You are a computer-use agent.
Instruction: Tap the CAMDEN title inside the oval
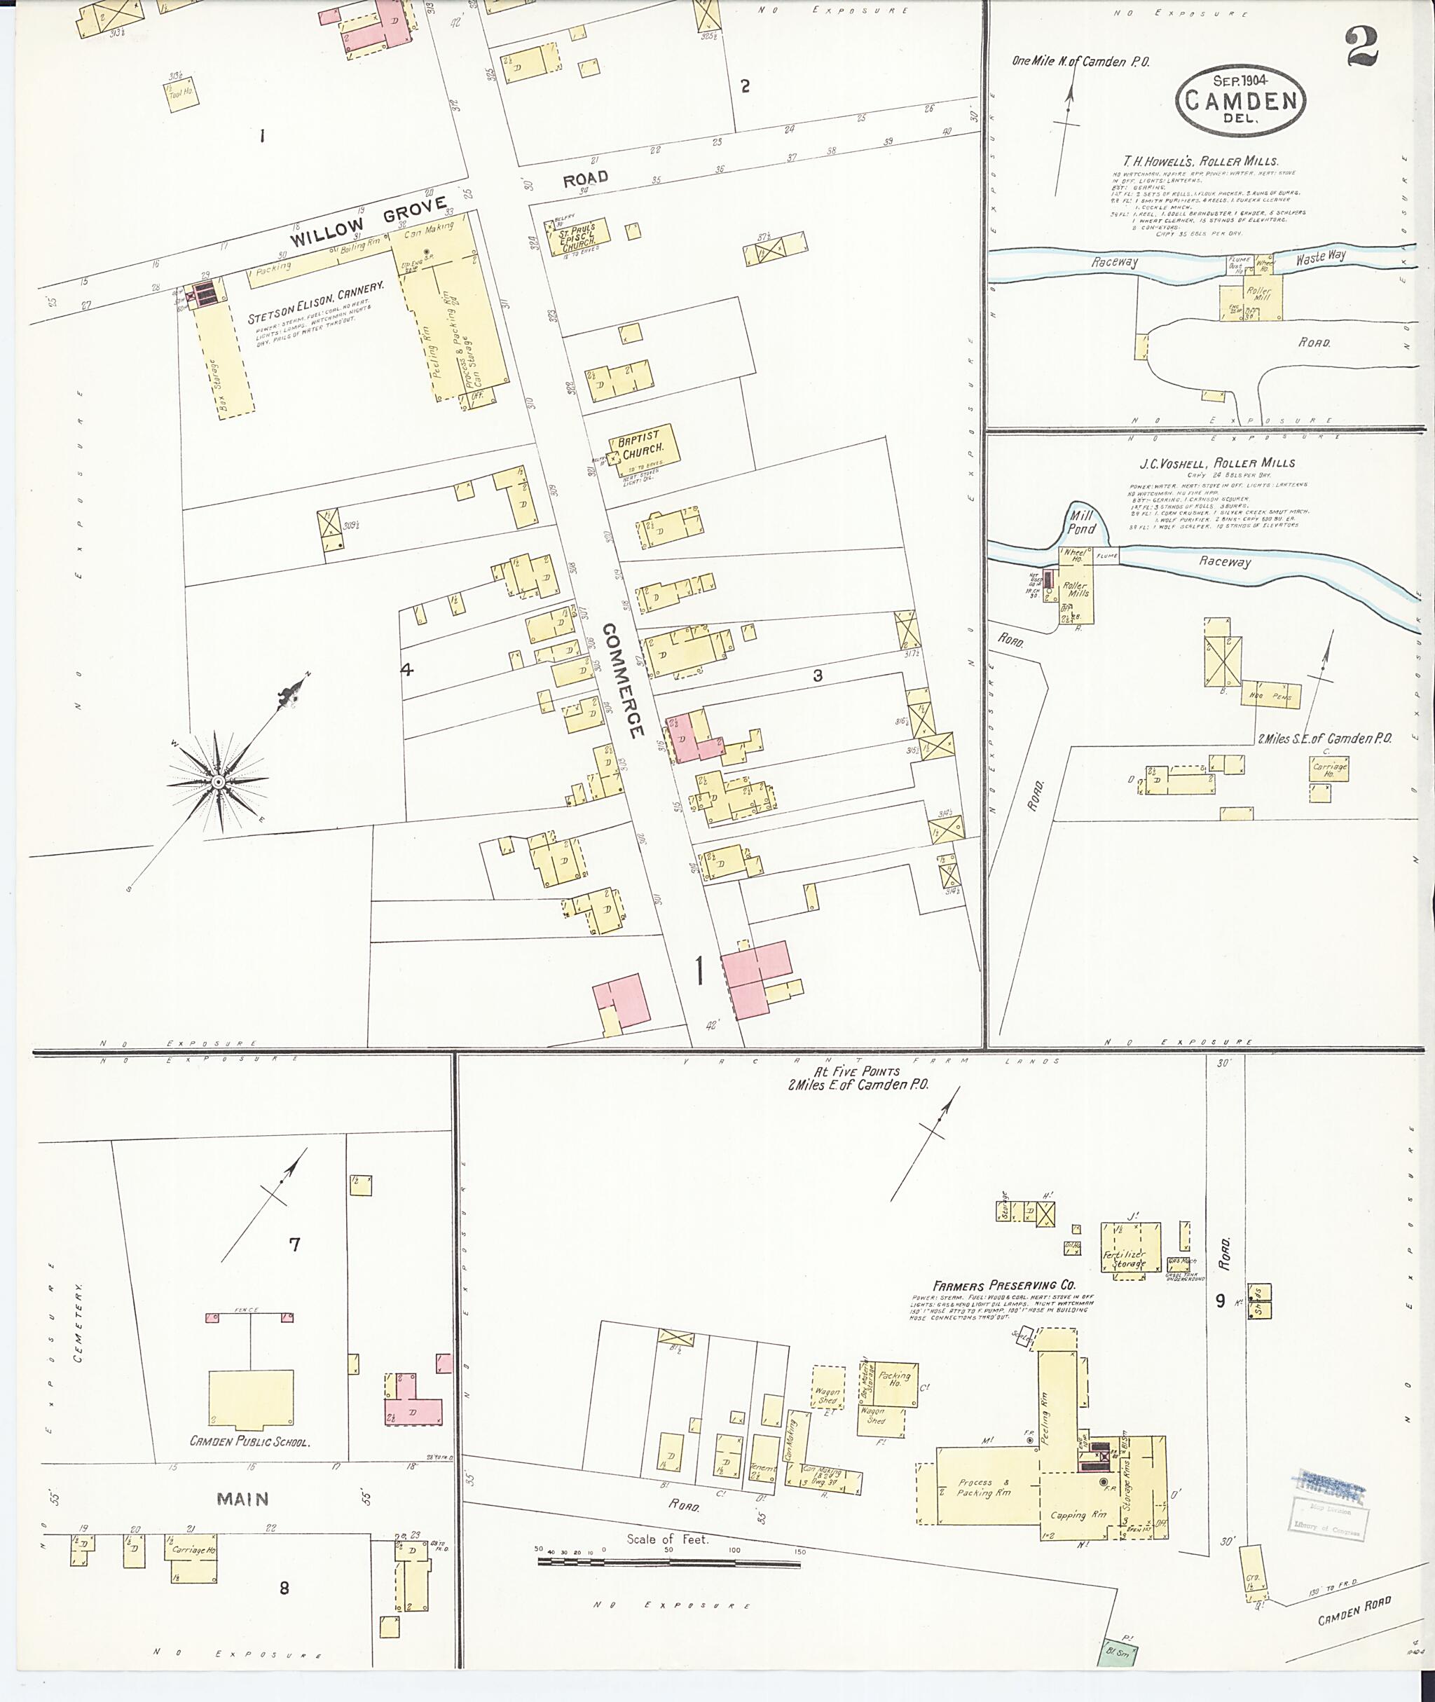click(x=1241, y=101)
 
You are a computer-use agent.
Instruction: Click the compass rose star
click(x=218, y=782)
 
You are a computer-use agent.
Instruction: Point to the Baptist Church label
click(x=641, y=445)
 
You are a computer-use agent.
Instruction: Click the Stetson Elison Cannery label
click(x=315, y=303)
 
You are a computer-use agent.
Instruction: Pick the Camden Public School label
click(x=249, y=1441)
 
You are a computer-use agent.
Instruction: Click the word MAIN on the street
click(x=243, y=1499)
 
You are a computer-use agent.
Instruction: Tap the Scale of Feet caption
click(x=667, y=1539)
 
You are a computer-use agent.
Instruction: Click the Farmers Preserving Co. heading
click(x=1004, y=1286)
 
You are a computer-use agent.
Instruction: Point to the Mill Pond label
click(x=1081, y=522)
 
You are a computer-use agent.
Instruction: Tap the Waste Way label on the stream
click(x=1320, y=257)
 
